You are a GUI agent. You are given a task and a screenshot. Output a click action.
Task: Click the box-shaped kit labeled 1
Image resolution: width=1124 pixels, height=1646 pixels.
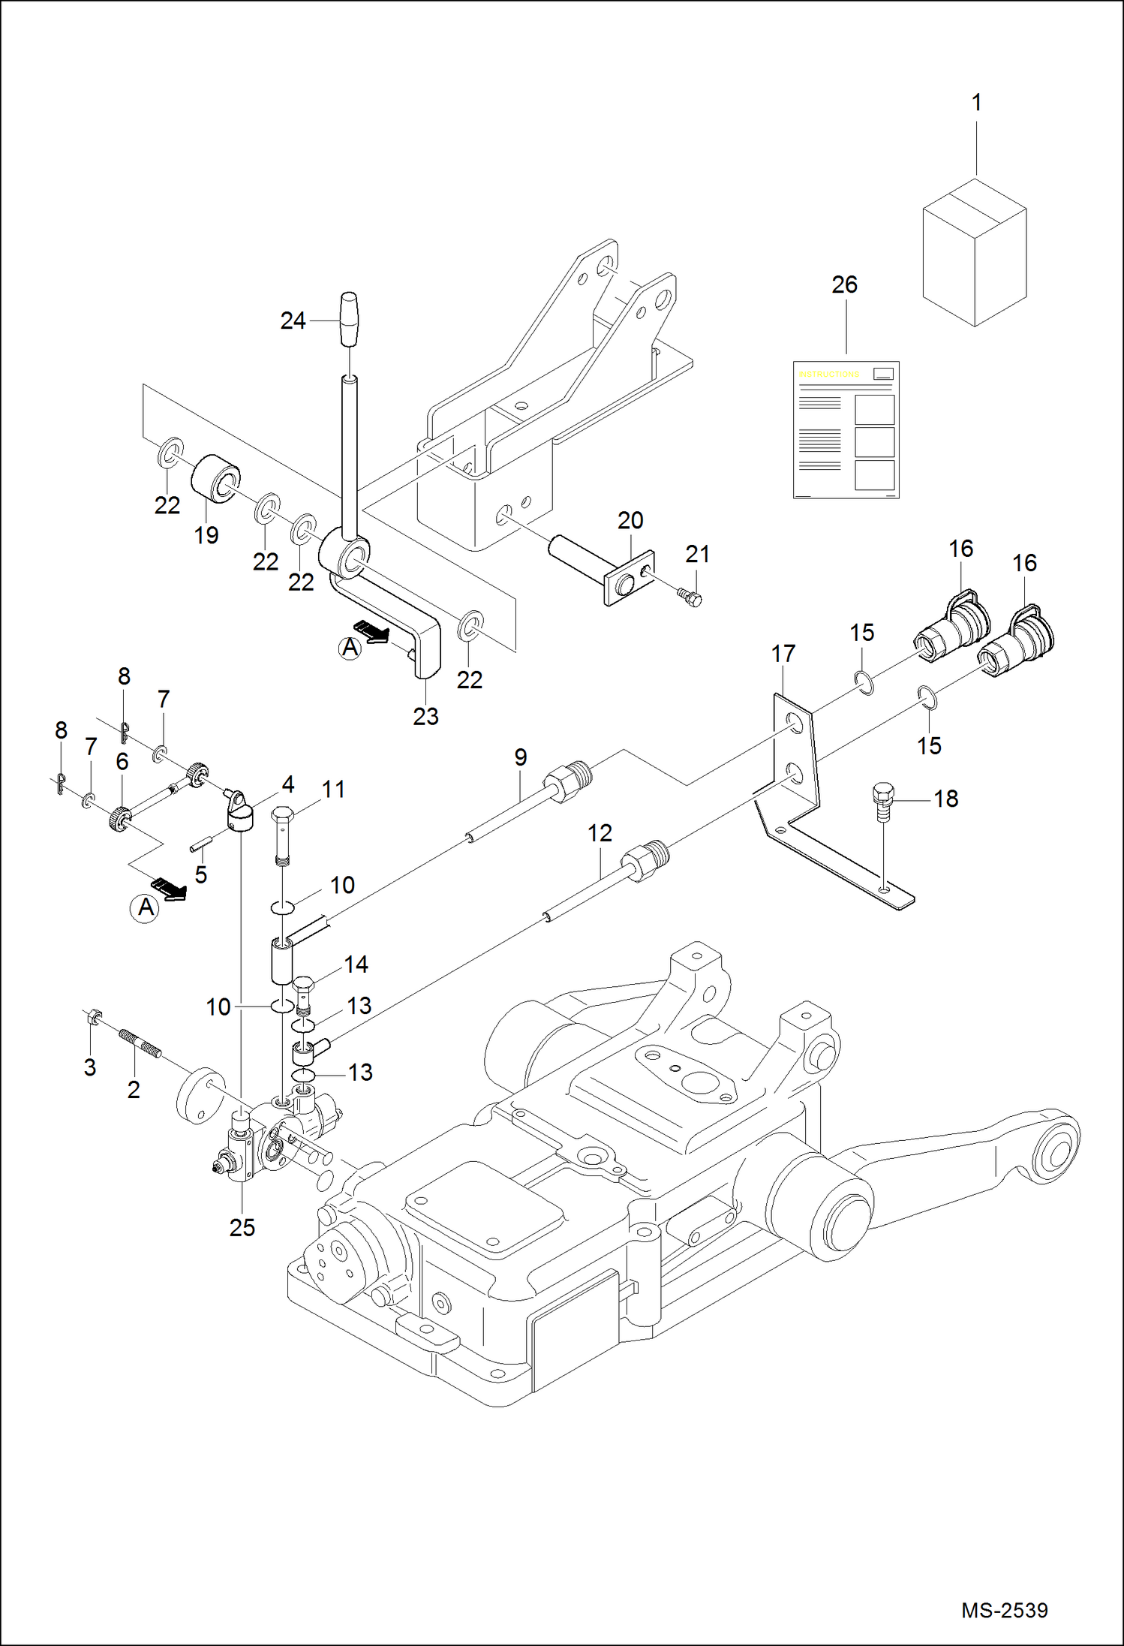pos(974,255)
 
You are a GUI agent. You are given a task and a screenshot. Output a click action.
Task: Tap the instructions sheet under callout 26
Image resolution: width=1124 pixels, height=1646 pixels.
pos(846,430)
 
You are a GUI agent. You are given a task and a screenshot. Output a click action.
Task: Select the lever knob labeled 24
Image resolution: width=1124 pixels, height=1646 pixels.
pos(350,320)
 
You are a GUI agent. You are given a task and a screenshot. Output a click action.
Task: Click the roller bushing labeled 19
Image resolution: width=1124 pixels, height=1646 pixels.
pos(216,478)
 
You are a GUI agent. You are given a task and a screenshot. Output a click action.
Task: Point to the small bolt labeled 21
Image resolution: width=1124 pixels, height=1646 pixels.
pos(693,597)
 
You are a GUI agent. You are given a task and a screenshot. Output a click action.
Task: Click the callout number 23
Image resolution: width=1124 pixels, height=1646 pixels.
pos(425,716)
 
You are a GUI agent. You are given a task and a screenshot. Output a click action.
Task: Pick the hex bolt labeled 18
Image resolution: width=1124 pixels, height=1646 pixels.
pos(884,802)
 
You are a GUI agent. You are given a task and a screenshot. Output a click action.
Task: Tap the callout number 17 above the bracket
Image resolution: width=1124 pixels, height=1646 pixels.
pos(783,654)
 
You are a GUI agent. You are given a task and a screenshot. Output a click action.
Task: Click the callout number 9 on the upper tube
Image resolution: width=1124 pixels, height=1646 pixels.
pos(521,757)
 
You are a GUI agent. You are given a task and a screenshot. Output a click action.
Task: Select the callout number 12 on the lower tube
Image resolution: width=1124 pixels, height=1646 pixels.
pos(600,832)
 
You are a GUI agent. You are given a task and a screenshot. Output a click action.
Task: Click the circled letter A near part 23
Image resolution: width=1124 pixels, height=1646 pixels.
pos(350,648)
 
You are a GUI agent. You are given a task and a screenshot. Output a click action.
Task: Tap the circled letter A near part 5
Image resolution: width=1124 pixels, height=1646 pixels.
pos(145,907)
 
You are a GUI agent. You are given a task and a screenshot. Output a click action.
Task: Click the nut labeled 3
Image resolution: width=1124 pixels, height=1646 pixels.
pos(93,1018)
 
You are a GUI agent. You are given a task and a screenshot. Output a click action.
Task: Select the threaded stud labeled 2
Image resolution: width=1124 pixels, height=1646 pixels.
pos(140,1044)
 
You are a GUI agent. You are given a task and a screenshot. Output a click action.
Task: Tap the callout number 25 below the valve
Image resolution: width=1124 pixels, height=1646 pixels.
pos(242,1227)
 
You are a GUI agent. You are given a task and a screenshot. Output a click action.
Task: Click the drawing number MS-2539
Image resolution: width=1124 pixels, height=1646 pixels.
pos(1004,1610)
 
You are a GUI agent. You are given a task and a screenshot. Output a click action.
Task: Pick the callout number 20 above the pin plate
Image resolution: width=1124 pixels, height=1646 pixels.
pos(630,520)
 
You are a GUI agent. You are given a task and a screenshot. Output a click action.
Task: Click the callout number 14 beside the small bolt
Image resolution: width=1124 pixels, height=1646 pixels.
pos(356,964)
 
